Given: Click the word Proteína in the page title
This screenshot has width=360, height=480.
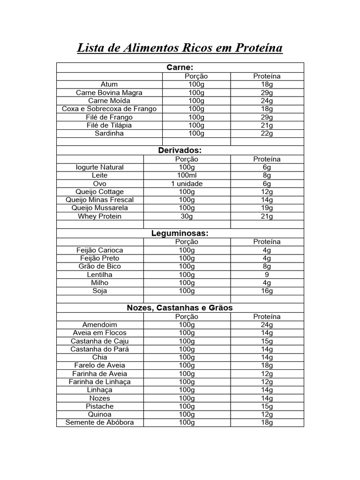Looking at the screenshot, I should pyautogui.click(x=255, y=48).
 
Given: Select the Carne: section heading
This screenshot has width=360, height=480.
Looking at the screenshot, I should pyautogui.click(x=180, y=68).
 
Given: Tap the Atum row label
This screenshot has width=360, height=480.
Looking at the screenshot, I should pyautogui.click(x=109, y=84).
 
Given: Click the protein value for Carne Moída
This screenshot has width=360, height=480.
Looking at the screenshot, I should pyautogui.click(x=267, y=101).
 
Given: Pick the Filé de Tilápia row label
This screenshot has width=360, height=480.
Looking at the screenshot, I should pyautogui.click(x=109, y=125).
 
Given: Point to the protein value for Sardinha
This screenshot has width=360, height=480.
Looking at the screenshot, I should pyautogui.click(x=267, y=134).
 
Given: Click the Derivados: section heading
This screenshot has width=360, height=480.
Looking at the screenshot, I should pyautogui.click(x=180, y=150).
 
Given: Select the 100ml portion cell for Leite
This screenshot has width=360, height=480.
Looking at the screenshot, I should pyautogui.click(x=187, y=175).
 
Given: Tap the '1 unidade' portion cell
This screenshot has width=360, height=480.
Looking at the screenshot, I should pyautogui.click(x=187, y=184).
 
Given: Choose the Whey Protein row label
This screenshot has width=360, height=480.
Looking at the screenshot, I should pyautogui.click(x=100, y=216).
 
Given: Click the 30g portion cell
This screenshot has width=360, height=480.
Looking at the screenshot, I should pyautogui.click(x=187, y=216).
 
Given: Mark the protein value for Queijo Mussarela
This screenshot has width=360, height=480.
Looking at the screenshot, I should pyautogui.click(x=267, y=208).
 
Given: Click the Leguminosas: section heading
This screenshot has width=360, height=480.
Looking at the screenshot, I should pyautogui.click(x=180, y=233).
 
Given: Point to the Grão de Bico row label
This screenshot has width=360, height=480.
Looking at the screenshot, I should pyautogui.click(x=100, y=266).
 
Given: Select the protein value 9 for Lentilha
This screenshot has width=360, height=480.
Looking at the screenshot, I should pyautogui.click(x=267, y=275).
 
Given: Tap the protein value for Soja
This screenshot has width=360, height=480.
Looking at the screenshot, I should pyautogui.click(x=267, y=291).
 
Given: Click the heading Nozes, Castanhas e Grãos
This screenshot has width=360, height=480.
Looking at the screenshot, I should pyautogui.click(x=180, y=308).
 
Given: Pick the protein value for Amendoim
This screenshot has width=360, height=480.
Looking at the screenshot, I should pyautogui.click(x=267, y=325).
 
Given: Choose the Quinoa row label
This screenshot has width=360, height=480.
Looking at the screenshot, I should pyautogui.click(x=100, y=414).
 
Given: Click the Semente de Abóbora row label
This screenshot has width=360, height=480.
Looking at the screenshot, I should pyautogui.click(x=100, y=422).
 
